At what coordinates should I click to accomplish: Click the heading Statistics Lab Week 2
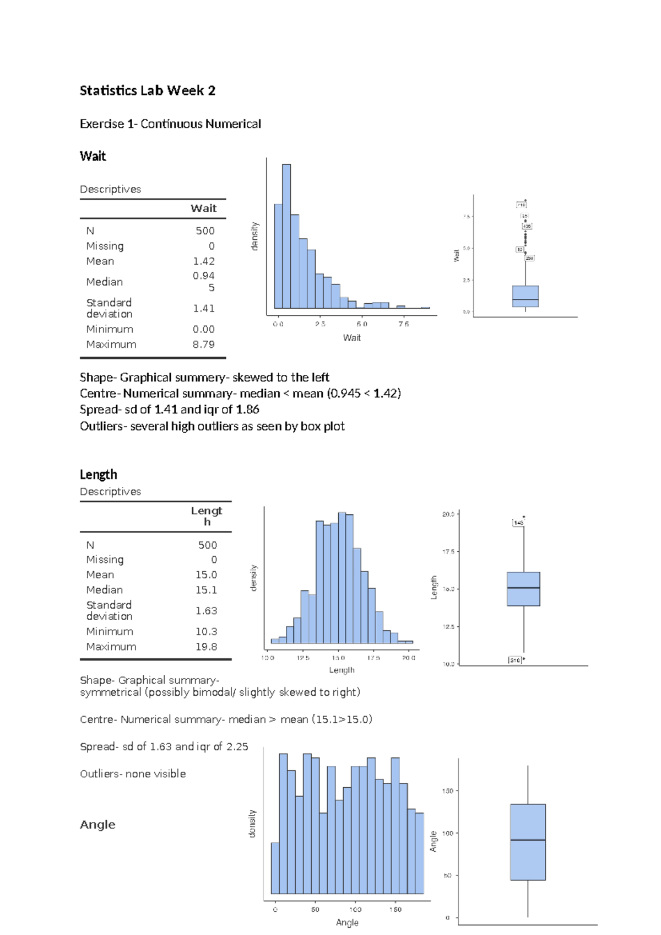pos(147,90)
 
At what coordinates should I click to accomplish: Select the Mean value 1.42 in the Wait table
pos(204,261)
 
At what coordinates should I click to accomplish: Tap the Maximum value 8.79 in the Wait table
pos(204,345)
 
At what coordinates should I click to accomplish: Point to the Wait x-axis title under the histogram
pos(352,338)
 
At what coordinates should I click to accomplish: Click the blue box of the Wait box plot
pos(525,296)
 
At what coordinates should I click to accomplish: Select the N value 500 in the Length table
pos(208,545)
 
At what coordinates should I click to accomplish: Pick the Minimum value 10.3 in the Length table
pos(206,632)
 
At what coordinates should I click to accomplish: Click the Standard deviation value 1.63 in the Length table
pos(206,611)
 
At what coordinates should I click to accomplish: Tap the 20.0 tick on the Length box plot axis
pos(448,514)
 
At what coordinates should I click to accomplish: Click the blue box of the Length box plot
pos(523,589)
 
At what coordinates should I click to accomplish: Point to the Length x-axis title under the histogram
pos(342,670)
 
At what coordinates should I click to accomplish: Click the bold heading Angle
pos(97,825)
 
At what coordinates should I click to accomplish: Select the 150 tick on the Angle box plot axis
pos(447,791)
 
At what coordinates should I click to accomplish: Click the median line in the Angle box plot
pos(528,840)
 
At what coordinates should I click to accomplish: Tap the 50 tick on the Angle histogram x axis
pos(315,910)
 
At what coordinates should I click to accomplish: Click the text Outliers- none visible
pos(133,774)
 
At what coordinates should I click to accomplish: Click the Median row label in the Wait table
pos(105,282)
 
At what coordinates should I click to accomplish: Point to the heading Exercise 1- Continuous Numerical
pos(170,124)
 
